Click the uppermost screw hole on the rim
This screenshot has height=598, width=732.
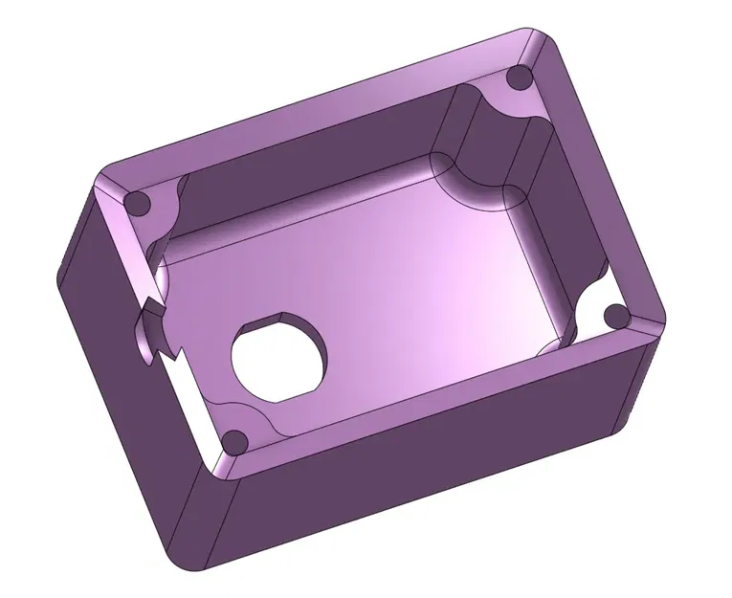pos(520,78)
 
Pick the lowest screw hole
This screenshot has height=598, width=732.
pos(233,441)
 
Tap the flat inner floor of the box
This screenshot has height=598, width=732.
pos(402,277)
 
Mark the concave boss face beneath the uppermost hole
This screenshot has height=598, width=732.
pos(478,144)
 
